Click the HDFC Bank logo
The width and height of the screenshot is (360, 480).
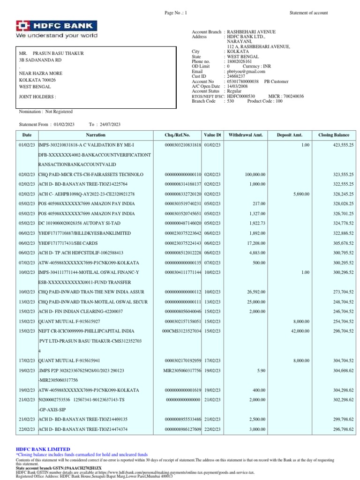[x=57, y=29]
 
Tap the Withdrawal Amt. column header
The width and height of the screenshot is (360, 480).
[x=246, y=135]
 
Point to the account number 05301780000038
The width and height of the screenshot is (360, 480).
[x=243, y=81]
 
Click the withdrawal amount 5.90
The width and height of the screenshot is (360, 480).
[x=261, y=370]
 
